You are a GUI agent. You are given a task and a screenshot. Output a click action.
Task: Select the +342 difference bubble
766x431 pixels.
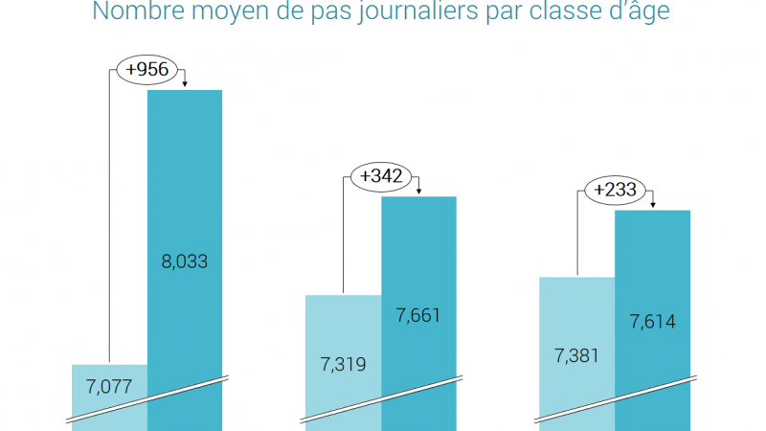tap(379, 176)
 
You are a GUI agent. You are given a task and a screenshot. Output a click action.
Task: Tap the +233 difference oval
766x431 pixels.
tap(614, 190)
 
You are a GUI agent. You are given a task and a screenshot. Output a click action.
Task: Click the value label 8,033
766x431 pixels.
tap(184, 260)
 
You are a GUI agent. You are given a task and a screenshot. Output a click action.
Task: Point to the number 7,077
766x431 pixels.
tap(109, 387)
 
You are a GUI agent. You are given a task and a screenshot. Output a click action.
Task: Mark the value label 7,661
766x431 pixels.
tap(418, 314)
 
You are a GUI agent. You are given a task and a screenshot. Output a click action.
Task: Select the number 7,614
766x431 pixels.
tap(652, 322)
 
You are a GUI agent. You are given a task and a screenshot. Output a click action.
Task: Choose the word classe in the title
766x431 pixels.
tap(583, 13)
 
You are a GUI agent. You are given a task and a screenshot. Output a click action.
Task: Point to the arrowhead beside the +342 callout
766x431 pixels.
tap(418, 193)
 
